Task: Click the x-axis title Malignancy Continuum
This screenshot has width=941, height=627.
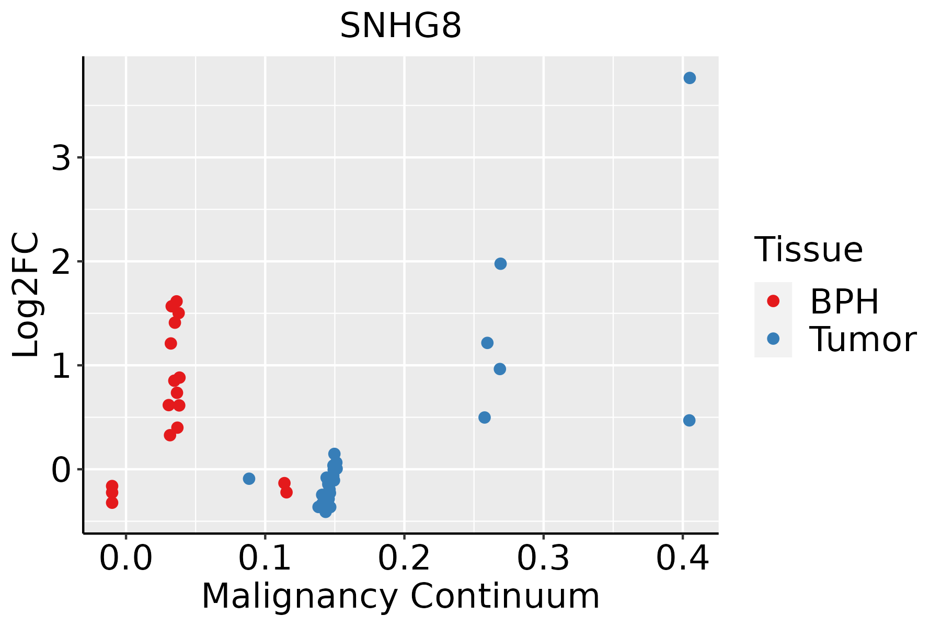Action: point(400,597)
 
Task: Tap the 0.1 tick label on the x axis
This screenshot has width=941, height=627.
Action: point(265,559)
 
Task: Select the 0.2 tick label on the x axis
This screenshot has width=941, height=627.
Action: point(404,559)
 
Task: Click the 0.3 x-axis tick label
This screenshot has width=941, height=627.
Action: point(543,559)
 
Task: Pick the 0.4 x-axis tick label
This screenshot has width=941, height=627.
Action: point(682,559)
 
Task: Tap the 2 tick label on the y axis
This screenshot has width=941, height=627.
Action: point(61,261)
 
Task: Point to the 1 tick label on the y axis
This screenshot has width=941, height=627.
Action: point(61,365)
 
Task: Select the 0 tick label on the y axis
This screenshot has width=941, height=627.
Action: point(61,469)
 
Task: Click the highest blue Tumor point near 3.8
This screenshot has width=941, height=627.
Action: point(690,78)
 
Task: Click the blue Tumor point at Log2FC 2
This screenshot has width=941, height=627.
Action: point(500,263)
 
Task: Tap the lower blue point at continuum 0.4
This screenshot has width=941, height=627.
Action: point(689,420)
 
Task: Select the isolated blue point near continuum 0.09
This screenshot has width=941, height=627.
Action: point(249,479)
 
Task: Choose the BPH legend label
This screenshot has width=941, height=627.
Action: point(844,301)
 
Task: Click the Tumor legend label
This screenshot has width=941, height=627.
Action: point(863,339)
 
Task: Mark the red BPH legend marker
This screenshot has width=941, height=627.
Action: point(773,301)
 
